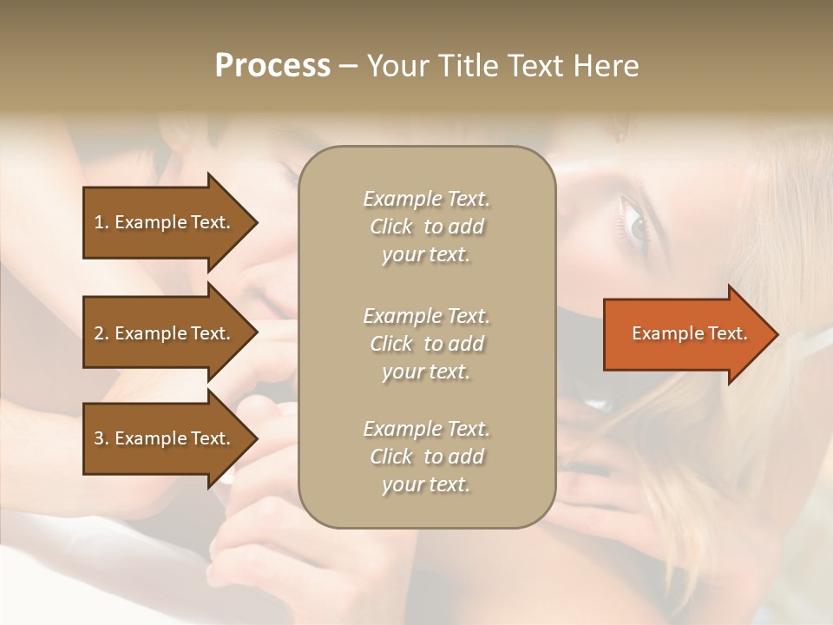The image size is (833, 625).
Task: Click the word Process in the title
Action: (272, 66)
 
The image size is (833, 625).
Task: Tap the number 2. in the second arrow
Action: (102, 333)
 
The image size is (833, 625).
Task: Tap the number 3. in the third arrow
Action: (102, 438)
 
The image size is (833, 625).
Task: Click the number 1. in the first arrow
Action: (102, 222)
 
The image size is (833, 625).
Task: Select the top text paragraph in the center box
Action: (426, 227)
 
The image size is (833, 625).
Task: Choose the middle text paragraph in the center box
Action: (426, 343)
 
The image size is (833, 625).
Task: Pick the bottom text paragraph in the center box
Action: (426, 457)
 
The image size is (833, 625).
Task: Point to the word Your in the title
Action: (397, 66)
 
